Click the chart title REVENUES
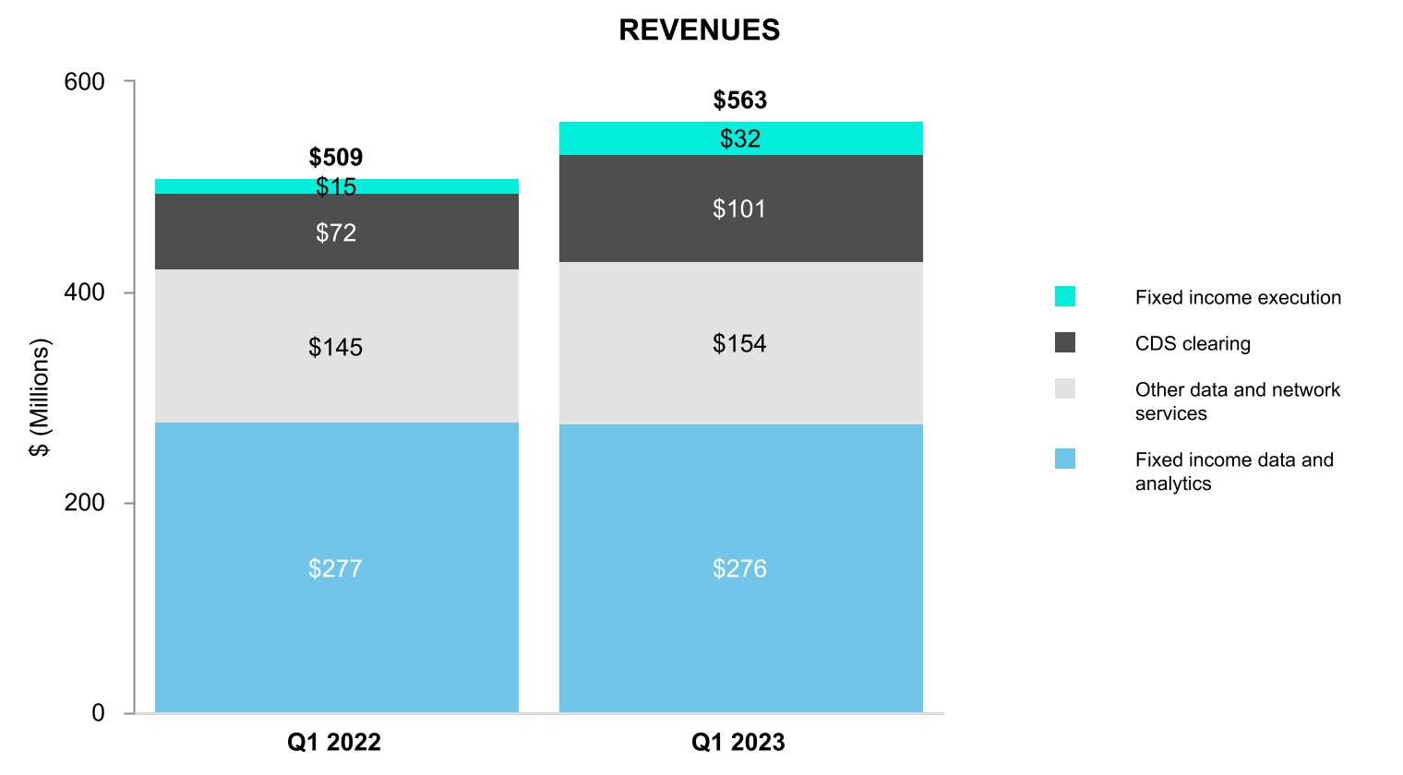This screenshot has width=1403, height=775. click(x=699, y=30)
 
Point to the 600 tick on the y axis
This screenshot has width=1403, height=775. click(x=84, y=82)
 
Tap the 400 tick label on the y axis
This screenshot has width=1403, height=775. click(x=84, y=292)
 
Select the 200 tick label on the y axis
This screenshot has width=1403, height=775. click(x=84, y=503)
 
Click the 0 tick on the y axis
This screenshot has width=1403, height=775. click(x=98, y=713)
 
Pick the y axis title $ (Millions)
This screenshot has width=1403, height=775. click(x=40, y=398)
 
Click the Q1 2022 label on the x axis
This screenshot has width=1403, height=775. click(x=334, y=743)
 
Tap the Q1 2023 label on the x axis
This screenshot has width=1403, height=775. click(x=737, y=743)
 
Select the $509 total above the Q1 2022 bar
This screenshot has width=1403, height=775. click(x=336, y=157)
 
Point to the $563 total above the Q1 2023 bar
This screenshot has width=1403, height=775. click(x=739, y=101)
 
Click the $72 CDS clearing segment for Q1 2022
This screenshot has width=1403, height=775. click(x=336, y=232)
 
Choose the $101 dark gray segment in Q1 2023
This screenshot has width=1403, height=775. click(x=741, y=209)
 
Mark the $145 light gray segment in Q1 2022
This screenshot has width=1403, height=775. click(x=336, y=346)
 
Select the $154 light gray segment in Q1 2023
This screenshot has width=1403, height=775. click(x=741, y=344)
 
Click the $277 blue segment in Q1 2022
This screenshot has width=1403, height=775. click(x=336, y=567)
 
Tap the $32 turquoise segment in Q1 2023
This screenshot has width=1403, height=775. click(x=741, y=138)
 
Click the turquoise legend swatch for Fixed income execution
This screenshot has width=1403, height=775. click(x=1065, y=296)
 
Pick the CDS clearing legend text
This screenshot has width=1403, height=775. click(x=1193, y=344)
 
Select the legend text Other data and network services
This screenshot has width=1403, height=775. click(x=1238, y=401)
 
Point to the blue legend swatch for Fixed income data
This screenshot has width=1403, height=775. click(x=1065, y=459)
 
